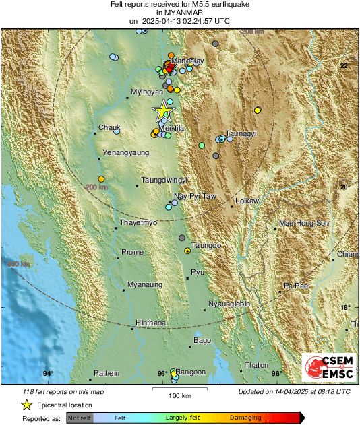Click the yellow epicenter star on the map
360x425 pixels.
click(163, 110)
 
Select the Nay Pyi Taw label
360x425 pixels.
click(195, 197)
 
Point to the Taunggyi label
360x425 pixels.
click(241, 134)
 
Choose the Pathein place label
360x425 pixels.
click(106, 373)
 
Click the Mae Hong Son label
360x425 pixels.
click(303, 223)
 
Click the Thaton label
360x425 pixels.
click(257, 365)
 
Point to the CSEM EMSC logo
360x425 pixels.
click(326, 368)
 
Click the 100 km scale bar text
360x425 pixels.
click(179, 394)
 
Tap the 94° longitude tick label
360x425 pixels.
click(48, 374)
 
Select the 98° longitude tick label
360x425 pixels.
click(276, 374)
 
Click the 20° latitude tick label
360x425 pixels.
click(344, 187)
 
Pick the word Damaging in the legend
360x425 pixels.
click(246, 418)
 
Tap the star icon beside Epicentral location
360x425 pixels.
click(26, 405)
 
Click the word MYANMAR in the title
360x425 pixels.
click(179, 13)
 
